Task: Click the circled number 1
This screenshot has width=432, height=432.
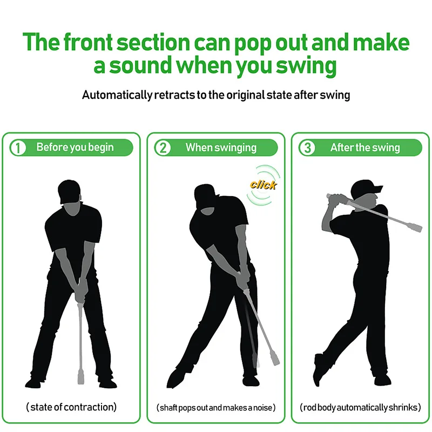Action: (x=18, y=148)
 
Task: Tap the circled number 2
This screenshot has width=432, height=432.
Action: (x=163, y=148)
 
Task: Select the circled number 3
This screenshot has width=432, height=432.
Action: (x=307, y=148)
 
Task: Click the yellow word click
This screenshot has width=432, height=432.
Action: (x=263, y=185)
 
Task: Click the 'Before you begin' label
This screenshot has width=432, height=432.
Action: (x=75, y=147)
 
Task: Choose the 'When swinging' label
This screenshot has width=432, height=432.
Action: (x=221, y=147)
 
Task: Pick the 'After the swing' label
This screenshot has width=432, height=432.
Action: (x=365, y=147)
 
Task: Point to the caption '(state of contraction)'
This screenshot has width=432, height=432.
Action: (x=71, y=407)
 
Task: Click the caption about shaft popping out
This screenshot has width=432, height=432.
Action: (x=216, y=407)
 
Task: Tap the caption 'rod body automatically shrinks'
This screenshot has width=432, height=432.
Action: (x=360, y=407)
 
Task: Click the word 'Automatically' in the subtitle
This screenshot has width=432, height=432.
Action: (x=117, y=95)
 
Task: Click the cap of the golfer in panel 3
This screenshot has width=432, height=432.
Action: (x=367, y=188)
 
